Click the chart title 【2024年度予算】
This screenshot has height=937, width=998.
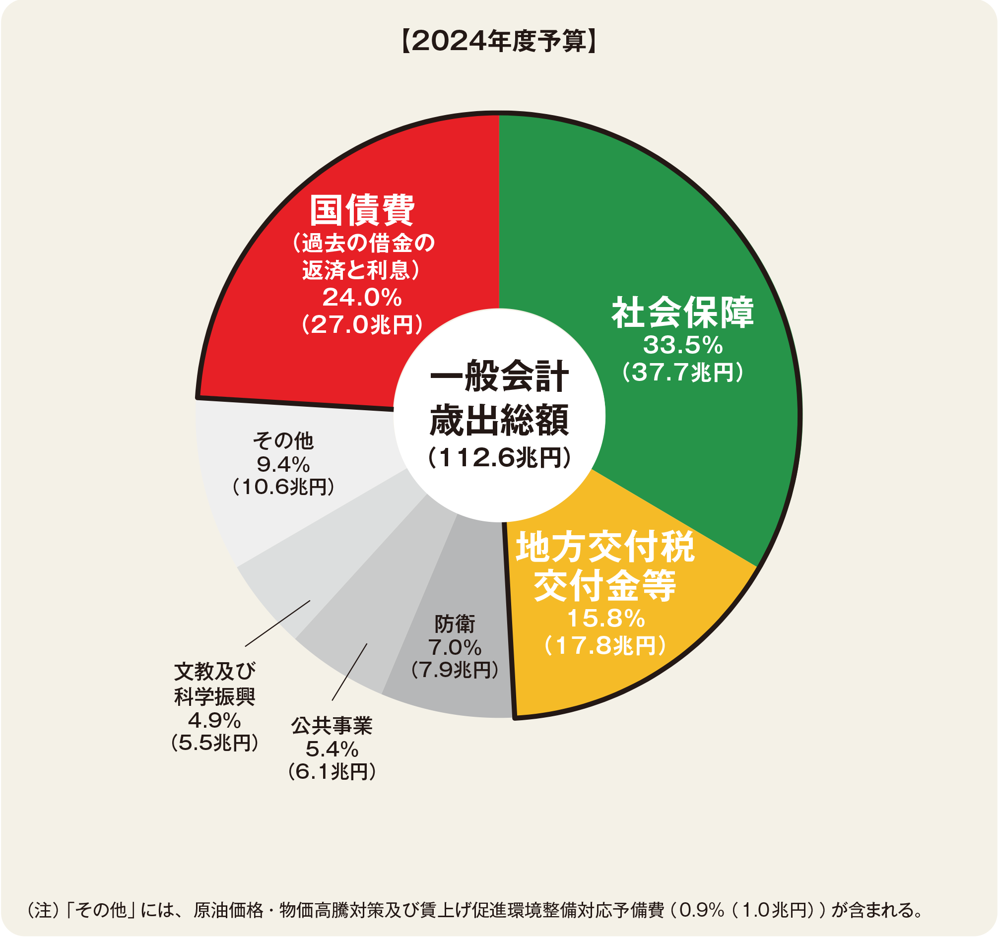[x=498, y=41]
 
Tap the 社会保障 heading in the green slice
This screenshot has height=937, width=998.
[x=682, y=312]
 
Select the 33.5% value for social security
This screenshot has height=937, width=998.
[x=682, y=345]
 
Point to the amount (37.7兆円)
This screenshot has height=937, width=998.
[x=682, y=373]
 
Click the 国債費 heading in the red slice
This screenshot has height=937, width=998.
[x=361, y=210]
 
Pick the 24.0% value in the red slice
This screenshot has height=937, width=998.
[x=361, y=297]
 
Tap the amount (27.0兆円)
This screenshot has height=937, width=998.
[x=361, y=325]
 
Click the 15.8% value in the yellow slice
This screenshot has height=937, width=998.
[x=605, y=619]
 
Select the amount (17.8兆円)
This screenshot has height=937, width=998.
[x=605, y=645]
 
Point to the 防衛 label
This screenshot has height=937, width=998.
[x=454, y=625]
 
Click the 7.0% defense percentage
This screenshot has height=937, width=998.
[x=454, y=647]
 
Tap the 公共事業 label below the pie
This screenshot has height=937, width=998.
[x=332, y=726]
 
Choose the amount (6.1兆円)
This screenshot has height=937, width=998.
[x=332, y=771]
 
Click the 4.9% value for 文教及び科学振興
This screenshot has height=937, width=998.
[x=214, y=721]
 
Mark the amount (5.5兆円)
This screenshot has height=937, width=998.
[x=214, y=743]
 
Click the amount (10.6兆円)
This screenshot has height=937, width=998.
[x=283, y=487]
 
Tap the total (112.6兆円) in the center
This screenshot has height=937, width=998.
[x=499, y=458]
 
